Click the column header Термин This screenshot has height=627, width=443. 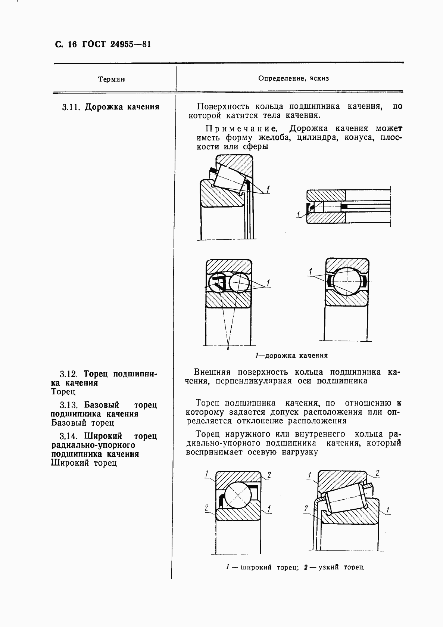pos(111,79)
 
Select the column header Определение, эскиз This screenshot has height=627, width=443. pos(293,78)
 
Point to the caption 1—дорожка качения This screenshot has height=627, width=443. pos(291,356)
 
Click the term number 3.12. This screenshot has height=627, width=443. pos(69,374)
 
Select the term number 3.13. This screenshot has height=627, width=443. pos(69,406)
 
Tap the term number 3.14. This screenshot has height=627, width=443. pos(69,437)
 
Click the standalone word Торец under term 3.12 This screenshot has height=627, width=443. pos(63,392)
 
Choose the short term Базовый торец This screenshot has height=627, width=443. pos(82,423)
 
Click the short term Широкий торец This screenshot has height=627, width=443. pos(84,463)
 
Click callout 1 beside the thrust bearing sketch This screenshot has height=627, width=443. pos(298,214)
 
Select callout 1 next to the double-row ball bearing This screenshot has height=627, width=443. pos(268,283)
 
